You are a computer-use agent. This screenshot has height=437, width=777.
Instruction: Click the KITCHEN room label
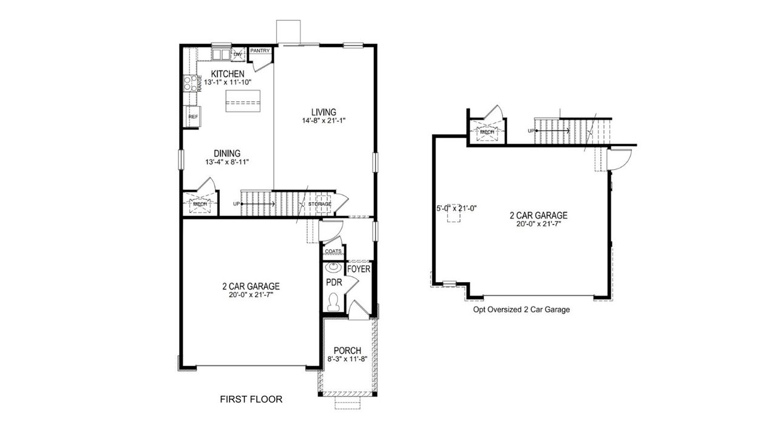pos(228,73)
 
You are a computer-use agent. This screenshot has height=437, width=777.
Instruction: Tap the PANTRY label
pos(260,51)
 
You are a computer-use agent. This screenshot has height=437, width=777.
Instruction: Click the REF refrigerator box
pos(193,116)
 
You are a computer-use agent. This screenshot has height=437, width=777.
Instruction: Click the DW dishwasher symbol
pos(238,55)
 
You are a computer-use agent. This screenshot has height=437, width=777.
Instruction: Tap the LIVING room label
pos(324,112)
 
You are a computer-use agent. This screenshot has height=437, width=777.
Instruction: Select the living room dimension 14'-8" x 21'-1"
pos(324,121)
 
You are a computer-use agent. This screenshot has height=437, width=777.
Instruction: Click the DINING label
pos(227,153)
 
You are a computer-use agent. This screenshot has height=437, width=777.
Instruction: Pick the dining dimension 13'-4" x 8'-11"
pos(227,162)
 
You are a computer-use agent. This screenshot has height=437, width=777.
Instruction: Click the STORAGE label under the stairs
pos(319,204)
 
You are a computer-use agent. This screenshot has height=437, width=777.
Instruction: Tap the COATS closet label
pos(333,251)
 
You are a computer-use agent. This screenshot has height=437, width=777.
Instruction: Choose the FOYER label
pos(358,268)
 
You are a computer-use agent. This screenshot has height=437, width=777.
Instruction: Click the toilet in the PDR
pos(332,302)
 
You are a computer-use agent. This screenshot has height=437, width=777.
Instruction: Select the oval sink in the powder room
pos(333,267)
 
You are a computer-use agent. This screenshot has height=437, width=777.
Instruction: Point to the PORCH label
pos(348,351)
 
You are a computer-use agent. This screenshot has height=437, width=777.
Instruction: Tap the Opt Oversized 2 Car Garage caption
pos(521,310)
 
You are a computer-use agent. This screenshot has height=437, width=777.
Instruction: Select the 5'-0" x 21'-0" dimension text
pos(456,208)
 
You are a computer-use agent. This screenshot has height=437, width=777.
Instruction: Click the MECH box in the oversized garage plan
pos(487,132)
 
